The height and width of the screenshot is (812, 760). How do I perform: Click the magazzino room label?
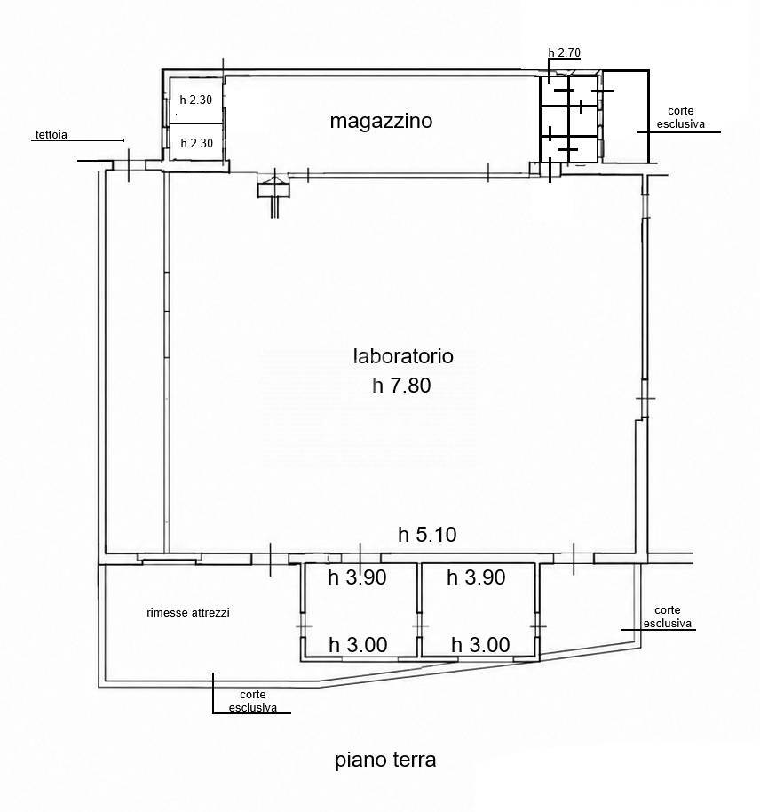381,121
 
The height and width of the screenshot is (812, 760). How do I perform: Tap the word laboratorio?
403,356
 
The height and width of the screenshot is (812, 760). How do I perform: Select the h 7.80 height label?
401,386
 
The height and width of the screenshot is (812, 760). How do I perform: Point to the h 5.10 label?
427,535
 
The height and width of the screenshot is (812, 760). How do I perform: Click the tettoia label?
51,135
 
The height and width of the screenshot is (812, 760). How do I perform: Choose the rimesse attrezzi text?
188,613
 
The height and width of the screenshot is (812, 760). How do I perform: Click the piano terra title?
385,760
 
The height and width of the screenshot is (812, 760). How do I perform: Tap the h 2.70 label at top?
565,52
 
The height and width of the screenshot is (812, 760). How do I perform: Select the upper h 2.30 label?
195,100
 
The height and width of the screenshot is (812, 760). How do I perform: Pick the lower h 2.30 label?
197,143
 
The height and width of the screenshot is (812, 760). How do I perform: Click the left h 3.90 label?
357,577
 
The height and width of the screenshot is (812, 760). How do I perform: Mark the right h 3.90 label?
476,577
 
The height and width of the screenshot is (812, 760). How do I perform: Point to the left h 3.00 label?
359,645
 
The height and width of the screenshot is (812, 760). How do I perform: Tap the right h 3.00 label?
480,645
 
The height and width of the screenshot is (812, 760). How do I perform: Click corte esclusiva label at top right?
681,117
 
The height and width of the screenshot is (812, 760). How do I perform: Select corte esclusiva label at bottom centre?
253,701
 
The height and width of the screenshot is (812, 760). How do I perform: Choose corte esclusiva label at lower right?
668,617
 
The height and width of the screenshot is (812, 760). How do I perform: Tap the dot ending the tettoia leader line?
123,140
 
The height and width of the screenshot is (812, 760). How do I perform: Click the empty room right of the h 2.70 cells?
626,116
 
